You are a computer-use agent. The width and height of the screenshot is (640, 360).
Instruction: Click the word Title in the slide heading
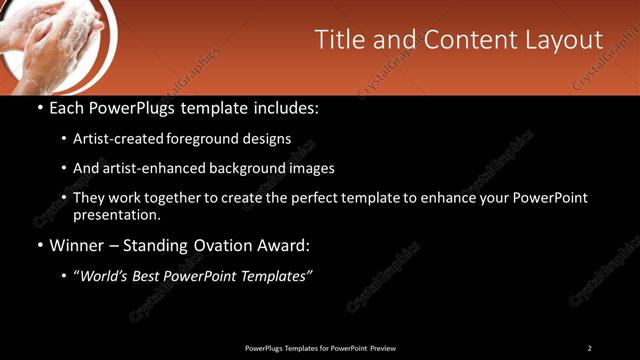coord(338,40)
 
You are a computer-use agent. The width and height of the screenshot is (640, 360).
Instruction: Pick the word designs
coord(269,139)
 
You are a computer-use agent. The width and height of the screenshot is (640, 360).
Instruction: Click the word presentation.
coord(116,214)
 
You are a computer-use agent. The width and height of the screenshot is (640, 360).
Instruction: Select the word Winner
coord(77,245)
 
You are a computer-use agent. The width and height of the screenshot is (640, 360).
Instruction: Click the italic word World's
coord(105,276)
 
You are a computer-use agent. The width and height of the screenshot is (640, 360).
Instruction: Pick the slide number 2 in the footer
coord(589,348)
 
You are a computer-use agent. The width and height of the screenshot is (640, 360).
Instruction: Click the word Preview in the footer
coord(382,348)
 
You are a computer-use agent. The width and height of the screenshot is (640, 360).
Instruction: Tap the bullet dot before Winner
coord(39,245)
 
